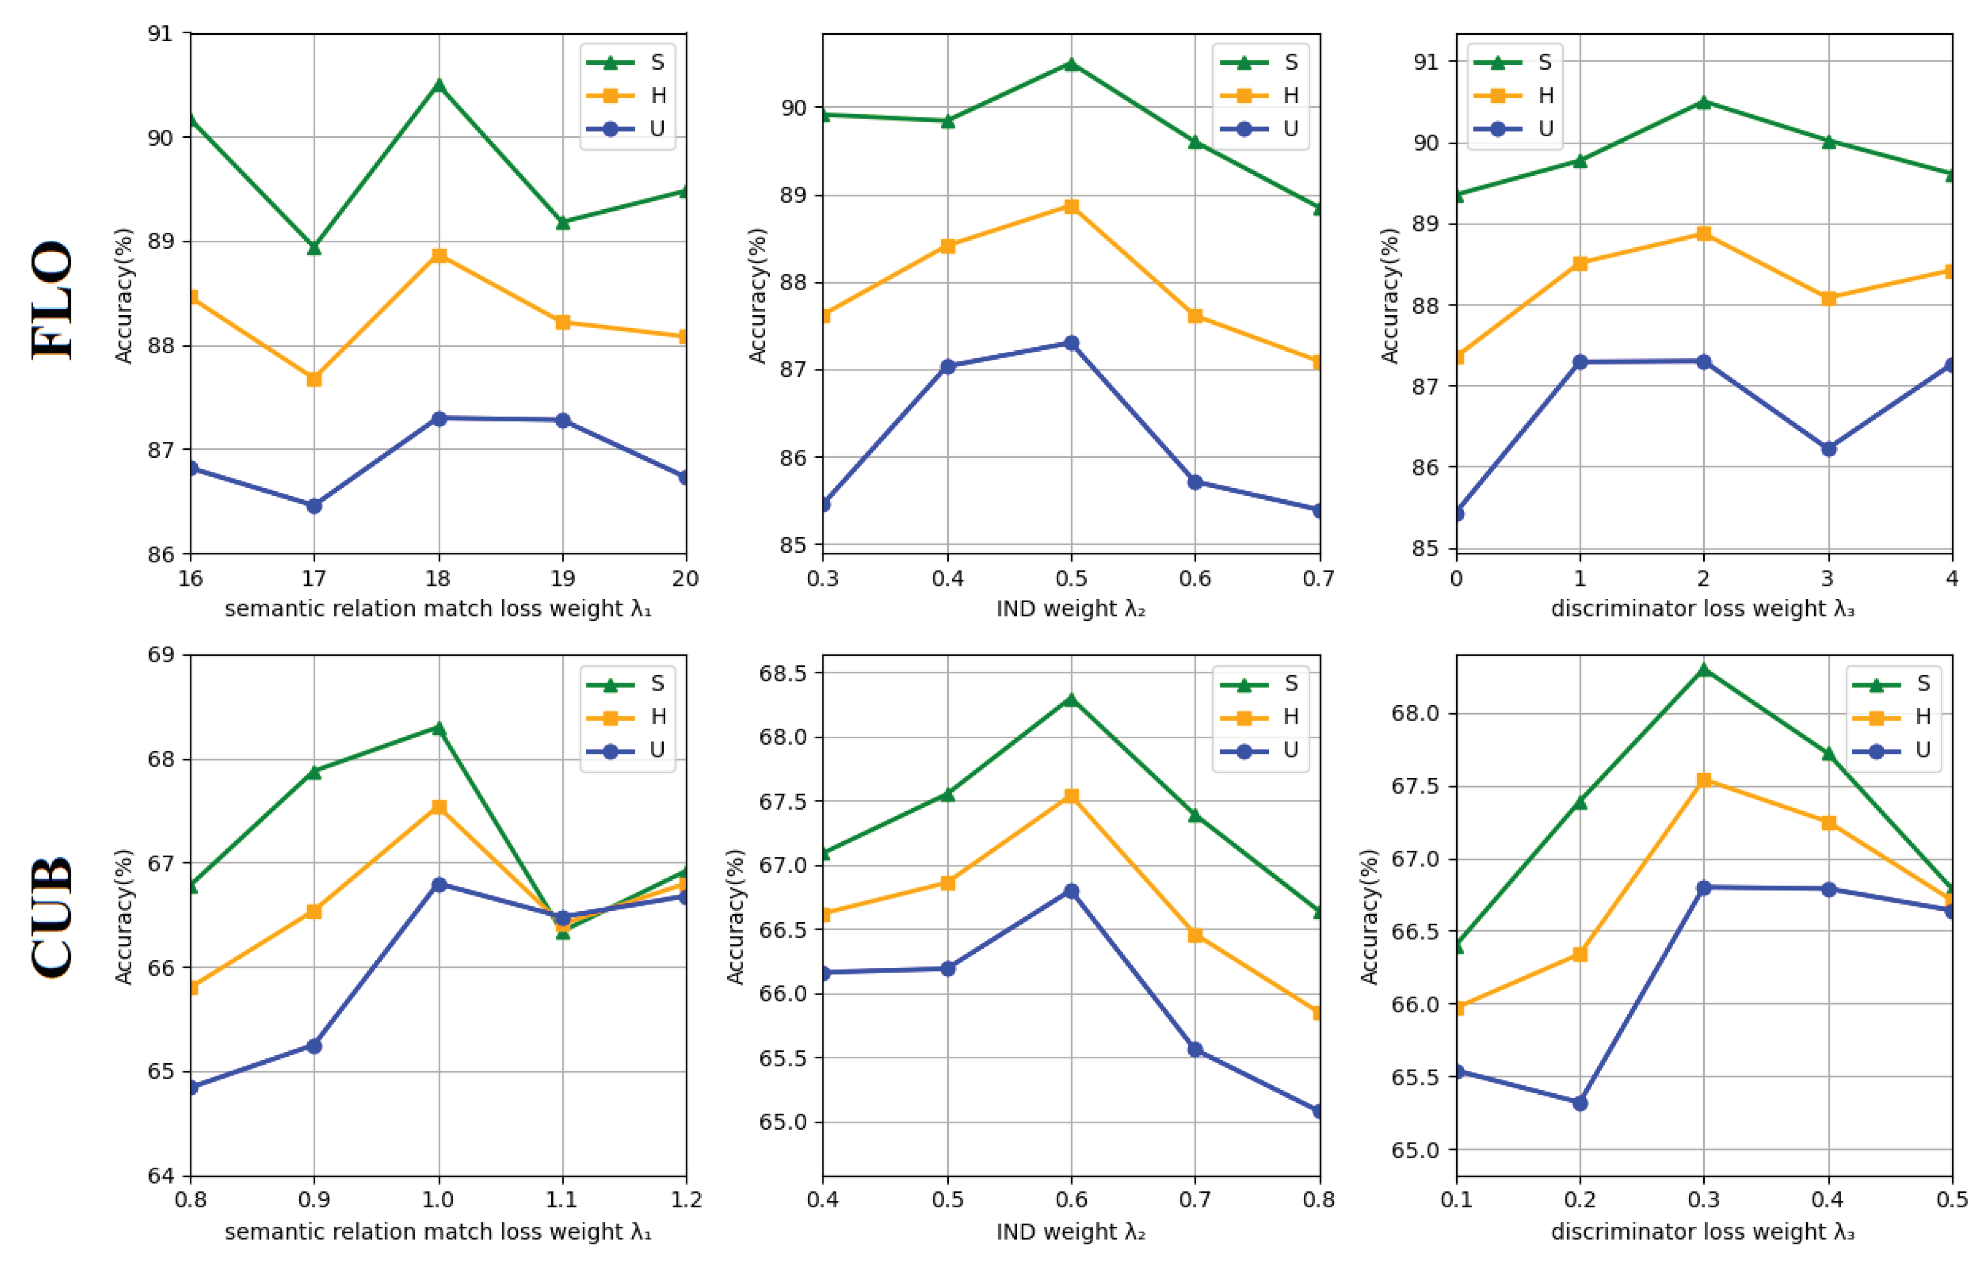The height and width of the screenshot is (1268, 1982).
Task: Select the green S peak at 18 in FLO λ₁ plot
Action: [x=439, y=85]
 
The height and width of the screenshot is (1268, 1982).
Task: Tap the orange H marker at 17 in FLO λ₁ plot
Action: [x=314, y=379]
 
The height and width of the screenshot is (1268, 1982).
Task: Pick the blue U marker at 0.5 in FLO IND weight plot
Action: [x=1071, y=343]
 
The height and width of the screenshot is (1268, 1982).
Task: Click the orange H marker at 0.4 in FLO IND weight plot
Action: [x=947, y=246]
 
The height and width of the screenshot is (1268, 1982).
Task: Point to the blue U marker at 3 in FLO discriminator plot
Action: [x=1829, y=449]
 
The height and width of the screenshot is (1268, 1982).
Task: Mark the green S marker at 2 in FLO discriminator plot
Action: [x=1704, y=102]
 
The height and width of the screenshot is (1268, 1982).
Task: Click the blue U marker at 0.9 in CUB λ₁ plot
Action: [x=314, y=1045]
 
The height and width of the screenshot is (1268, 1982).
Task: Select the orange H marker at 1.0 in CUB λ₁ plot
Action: [x=439, y=807]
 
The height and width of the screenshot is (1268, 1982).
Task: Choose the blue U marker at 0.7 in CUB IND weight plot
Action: [x=1195, y=1050]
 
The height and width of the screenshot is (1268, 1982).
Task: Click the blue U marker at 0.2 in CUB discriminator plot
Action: [x=1579, y=1102]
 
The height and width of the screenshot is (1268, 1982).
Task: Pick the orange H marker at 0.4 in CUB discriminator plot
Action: [x=1829, y=822]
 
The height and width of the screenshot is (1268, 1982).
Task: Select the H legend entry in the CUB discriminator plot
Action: [x=1893, y=717]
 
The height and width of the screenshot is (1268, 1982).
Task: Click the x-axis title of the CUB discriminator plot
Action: [x=1703, y=1232]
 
